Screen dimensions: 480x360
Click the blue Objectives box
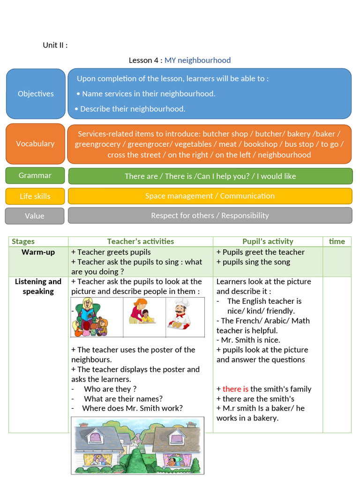click(36, 94)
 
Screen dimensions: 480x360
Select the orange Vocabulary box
click(35, 144)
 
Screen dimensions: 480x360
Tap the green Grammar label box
click(35, 175)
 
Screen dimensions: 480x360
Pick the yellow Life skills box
click(35, 196)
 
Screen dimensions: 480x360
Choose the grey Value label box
click(35, 216)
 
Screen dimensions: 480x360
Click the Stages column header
click(23, 241)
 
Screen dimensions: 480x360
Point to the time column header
click(337, 241)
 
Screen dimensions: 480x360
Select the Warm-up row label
click(38, 252)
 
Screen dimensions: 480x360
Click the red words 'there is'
click(235, 389)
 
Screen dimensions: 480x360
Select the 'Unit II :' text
click(55, 45)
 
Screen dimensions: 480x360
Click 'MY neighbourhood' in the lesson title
click(197, 60)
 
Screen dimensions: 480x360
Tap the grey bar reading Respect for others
click(210, 216)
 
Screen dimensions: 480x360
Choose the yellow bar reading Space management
click(210, 196)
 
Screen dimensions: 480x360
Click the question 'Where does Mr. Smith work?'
click(132, 408)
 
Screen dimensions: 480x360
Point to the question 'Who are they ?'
click(110, 389)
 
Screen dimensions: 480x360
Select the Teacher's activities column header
click(141, 241)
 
